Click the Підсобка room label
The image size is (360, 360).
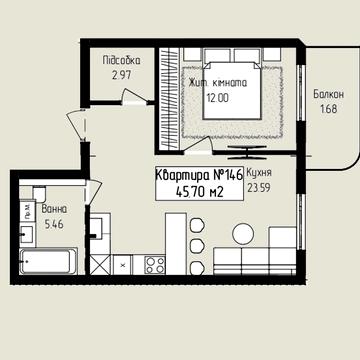(121, 61)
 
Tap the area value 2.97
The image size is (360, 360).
(122, 75)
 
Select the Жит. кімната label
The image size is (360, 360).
(218, 82)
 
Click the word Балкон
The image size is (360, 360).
(328, 94)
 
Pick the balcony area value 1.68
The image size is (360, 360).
(329, 109)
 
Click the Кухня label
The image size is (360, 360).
(259, 173)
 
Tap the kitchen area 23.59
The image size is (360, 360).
(259, 188)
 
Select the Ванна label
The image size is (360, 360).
(54, 209)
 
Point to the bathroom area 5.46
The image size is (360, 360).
(54, 224)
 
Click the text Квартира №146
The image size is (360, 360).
(199, 175)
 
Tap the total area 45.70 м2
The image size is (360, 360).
(199, 192)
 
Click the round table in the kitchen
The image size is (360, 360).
(243, 233)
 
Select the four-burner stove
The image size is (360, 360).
(155, 265)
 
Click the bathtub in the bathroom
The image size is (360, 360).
(49, 261)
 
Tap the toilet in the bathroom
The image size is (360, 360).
(40, 192)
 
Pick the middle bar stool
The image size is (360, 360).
(197, 246)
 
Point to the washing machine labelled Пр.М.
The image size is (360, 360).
(27, 210)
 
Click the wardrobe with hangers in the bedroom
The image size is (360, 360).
(169, 98)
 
